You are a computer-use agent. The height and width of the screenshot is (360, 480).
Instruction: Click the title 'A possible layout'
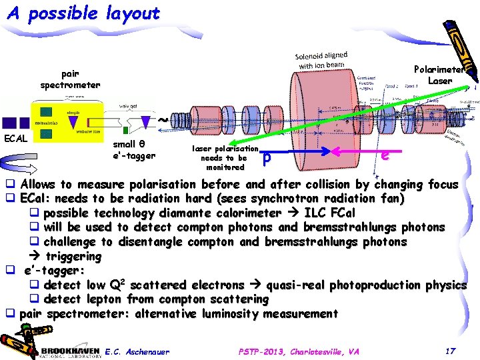point(83,13)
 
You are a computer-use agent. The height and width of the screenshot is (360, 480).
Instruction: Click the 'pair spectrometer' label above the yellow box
point(70,79)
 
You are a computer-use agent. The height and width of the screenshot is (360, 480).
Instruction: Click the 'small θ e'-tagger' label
point(133,151)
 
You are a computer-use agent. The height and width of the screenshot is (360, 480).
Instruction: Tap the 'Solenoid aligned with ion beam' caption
point(322,59)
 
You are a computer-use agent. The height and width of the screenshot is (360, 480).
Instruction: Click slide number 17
point(451,351)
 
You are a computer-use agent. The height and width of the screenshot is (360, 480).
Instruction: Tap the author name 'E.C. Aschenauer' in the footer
point(137,351)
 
